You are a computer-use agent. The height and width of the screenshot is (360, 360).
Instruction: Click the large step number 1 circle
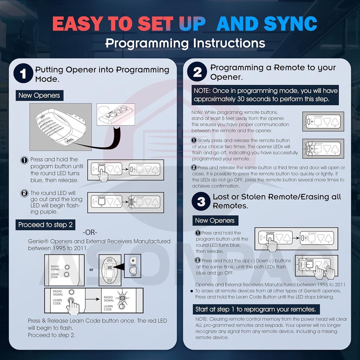23,74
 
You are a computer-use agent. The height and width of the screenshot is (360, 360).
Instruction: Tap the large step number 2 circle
198,72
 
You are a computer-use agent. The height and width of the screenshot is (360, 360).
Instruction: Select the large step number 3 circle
201,201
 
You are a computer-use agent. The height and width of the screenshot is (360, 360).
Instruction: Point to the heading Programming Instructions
185,43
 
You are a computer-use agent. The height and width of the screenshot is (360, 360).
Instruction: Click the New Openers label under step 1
39,95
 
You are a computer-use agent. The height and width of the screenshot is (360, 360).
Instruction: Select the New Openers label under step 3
215,220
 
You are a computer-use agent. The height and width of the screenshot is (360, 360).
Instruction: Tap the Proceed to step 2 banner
45,225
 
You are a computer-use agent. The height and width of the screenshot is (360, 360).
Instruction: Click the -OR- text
90,233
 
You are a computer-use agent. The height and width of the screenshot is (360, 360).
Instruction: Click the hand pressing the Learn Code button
73,307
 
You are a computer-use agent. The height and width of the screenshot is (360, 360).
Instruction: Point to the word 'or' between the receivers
91,270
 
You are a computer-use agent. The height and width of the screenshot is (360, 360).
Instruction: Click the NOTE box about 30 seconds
265,95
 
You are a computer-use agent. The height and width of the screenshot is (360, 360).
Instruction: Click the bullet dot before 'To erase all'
192,291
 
